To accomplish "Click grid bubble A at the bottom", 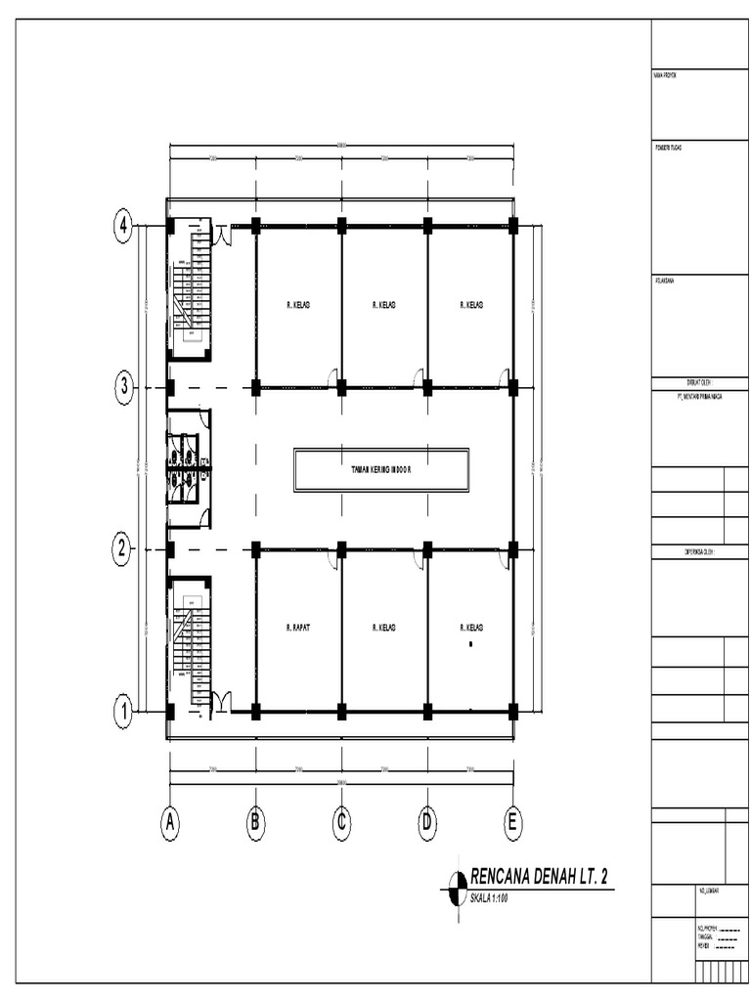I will (170, 823).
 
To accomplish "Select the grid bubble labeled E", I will (512, 823).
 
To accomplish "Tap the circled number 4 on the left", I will (123, 227).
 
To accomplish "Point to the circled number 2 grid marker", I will (123, 549).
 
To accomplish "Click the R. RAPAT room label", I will (298, 628).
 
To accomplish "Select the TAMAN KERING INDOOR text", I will (381, 470).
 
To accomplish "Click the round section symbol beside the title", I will (456, 890).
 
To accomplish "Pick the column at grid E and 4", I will (512, 227).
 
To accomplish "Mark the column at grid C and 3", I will (341, 388).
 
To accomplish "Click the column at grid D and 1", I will (427, 711).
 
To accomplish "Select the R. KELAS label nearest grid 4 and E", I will (471, 306).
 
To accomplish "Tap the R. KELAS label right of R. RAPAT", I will (384, 628).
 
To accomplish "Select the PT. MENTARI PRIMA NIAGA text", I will (689, 398).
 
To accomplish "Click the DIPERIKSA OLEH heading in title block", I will (698, 552).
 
